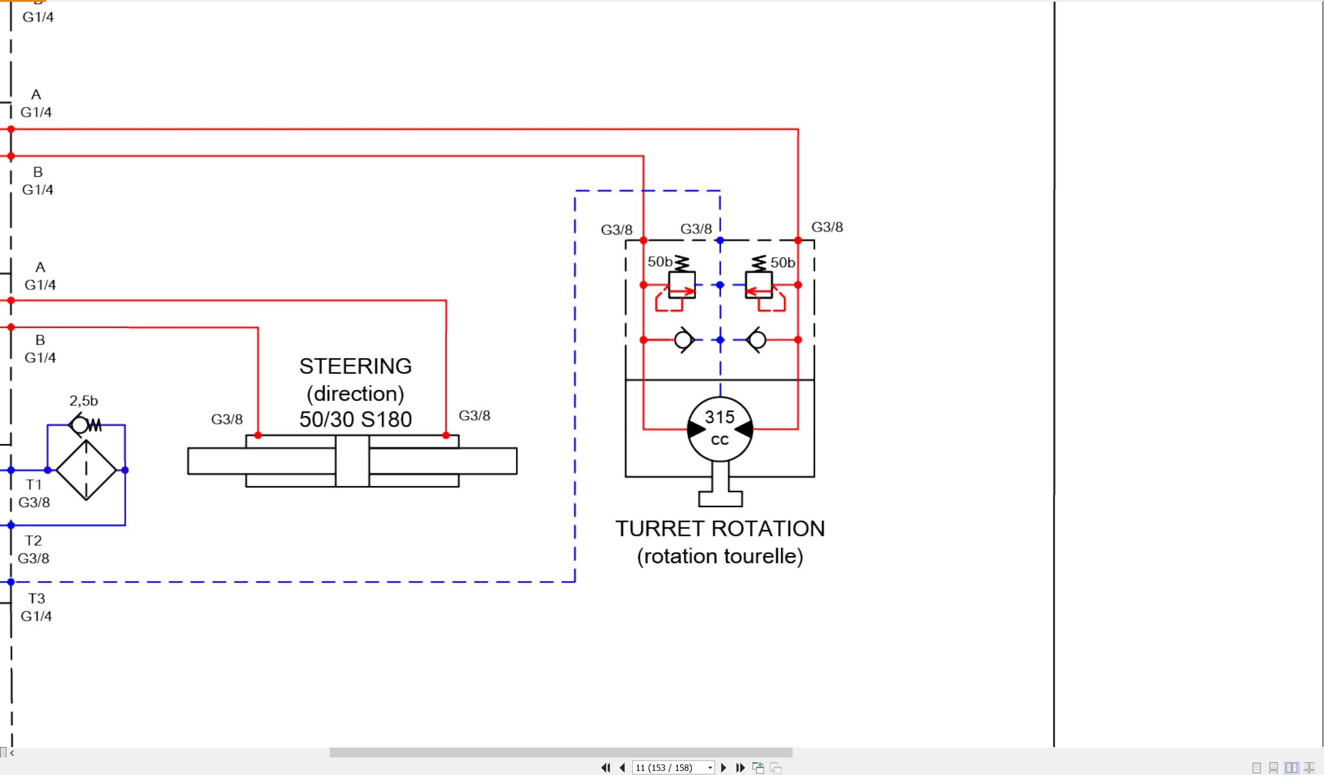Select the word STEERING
(356, 366)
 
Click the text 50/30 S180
(356, 419)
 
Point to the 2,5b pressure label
(83, 401)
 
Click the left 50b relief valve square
(682, 285)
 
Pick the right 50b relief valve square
(759, 285)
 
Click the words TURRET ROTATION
(720, 529)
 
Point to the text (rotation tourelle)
(720, 556)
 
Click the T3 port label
(37, 599)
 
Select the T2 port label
(33, 540)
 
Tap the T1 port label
(34, 484)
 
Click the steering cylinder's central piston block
(352, 461)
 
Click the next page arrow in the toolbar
(724, 767)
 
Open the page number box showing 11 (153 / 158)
(673, 767)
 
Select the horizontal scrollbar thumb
(561, 752)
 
